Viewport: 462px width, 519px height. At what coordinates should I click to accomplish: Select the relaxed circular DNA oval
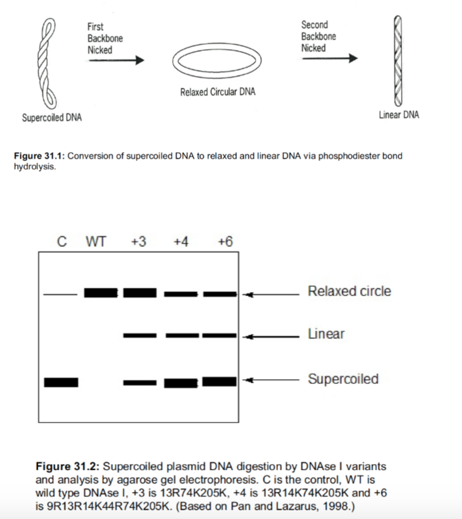coord(217,60)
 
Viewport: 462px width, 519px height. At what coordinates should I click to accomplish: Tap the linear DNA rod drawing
coord(397,61)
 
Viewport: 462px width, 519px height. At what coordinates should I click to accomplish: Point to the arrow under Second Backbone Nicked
coord(329,58)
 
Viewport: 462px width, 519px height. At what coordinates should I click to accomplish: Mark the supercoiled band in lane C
coord(61,382)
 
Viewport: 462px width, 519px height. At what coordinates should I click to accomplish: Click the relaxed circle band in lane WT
coord(101,293)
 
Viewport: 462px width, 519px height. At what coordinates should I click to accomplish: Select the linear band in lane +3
coord(140,335)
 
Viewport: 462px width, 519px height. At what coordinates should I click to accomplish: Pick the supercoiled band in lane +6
coord(220,381)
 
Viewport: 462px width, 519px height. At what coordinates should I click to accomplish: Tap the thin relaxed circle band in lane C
coord(60,295)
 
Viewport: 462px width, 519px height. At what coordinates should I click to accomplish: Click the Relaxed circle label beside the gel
coord(350,291)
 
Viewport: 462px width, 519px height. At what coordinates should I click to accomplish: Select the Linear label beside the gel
coord(326,334)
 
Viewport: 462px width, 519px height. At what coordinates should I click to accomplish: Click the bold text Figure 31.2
coord(67,466)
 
